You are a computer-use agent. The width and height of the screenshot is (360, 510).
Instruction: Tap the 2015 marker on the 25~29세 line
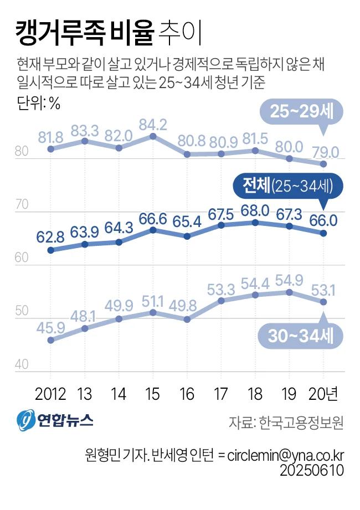click(153, 136)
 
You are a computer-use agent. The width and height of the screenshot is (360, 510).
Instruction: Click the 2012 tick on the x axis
click(50, 394)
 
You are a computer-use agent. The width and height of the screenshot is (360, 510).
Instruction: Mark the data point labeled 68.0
click(255, 223)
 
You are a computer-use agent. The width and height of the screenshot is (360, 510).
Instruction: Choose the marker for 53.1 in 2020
click(323, 302)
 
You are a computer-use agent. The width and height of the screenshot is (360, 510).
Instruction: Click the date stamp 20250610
click(312, 470)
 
